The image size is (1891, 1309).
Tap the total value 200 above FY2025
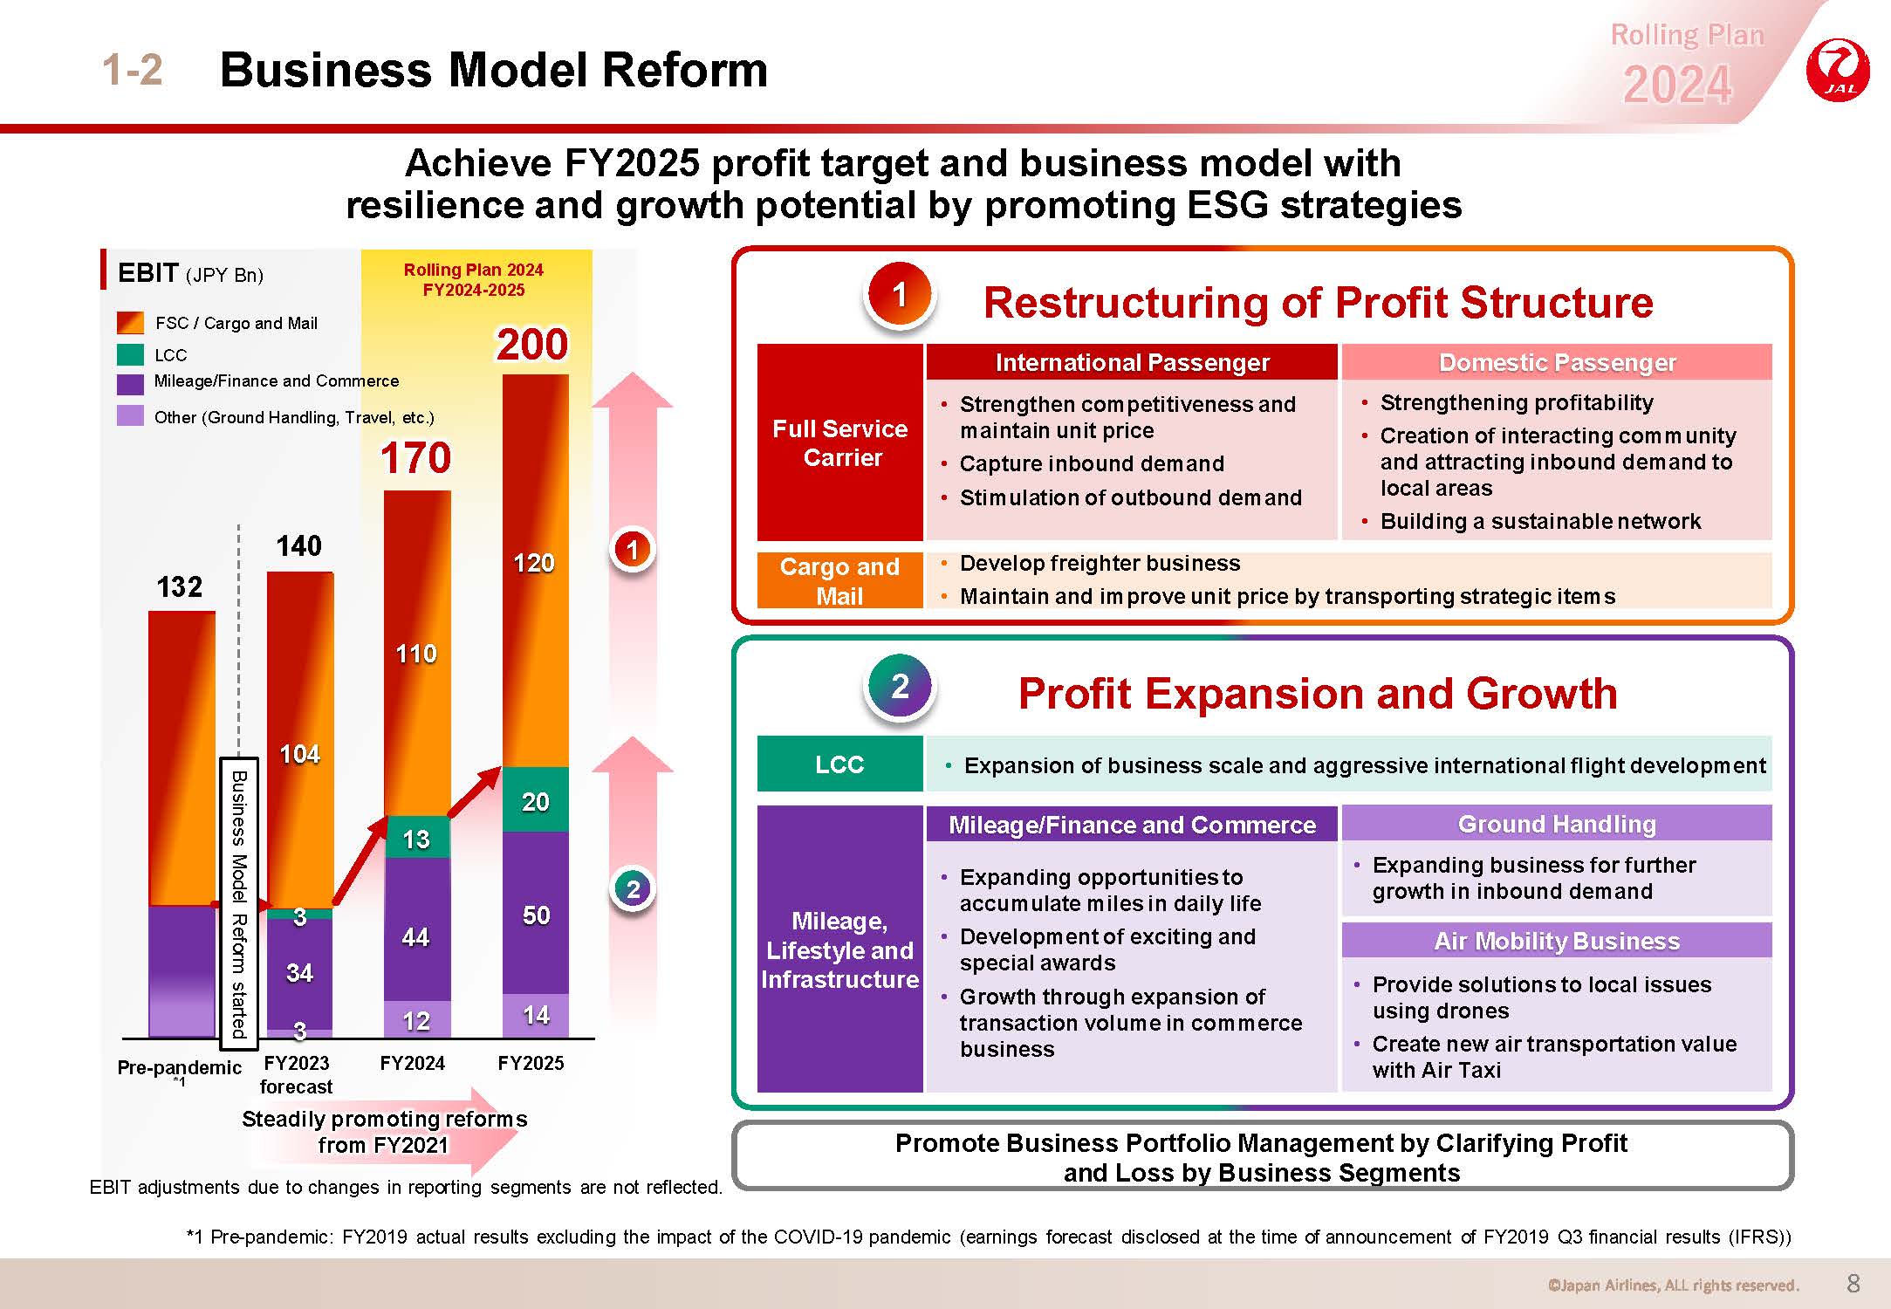[532, 344]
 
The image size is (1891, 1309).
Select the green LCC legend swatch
[130, 355]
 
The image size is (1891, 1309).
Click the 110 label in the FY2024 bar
[416, 654]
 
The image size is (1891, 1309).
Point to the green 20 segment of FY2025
[536, 800]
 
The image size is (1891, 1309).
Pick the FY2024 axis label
[413, 1063]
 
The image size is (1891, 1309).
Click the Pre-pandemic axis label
[179, 1067]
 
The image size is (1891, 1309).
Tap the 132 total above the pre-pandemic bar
[179, 586]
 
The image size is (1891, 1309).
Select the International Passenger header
[1132, 362]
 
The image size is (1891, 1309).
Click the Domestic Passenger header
[1557, 362]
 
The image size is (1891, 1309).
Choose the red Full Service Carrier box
[840, 442]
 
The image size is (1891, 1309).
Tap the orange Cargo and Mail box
[840, 580]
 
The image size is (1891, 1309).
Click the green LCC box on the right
[840, 764]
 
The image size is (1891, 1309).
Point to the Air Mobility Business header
[1557, 941]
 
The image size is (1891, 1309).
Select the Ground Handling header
[1557, 824]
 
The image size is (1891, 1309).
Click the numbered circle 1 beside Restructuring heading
[900, 295]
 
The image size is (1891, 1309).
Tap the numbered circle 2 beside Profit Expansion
[900, 687]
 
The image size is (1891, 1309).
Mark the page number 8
[1854, 1283]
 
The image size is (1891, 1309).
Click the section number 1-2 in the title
[133, 70]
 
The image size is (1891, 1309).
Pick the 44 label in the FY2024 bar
[415, 937]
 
